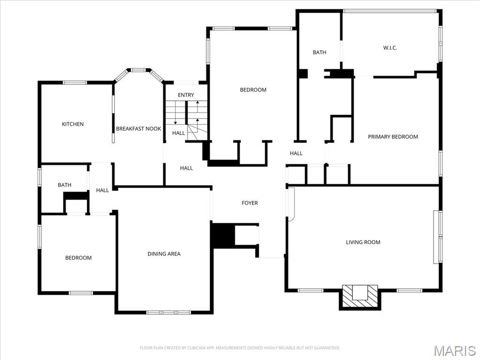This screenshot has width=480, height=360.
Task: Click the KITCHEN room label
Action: point(73,124)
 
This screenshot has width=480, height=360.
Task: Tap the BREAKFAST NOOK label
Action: point(138,128)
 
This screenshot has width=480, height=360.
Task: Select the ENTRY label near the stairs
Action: point(186,95)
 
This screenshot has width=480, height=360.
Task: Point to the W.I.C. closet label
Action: point(390,48)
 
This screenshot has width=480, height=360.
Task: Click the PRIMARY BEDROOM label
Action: point(393,137)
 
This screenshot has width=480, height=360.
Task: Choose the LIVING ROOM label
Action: point(363,242)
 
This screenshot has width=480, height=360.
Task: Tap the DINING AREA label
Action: point(164,254)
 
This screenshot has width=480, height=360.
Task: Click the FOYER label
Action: point(249,203)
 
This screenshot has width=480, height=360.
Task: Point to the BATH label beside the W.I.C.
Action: point(319,52)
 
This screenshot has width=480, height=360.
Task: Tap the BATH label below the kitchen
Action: point(65,185)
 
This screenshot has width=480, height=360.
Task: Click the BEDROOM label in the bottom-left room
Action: point(78,258)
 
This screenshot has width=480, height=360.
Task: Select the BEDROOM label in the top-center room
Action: point(253,90)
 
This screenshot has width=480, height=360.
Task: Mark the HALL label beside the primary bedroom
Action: point(296,153)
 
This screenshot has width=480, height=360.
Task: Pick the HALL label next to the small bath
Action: point(102,190)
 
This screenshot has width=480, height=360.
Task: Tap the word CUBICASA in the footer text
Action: point(193,348)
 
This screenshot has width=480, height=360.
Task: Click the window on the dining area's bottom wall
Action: point(168,312)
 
